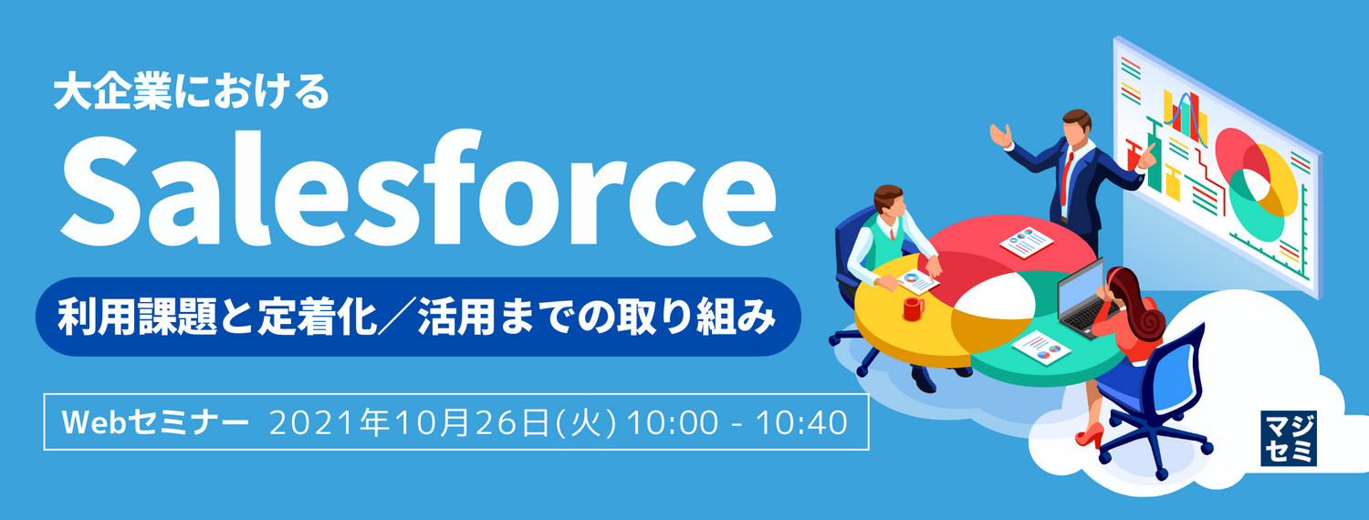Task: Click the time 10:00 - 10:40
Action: (737, 422)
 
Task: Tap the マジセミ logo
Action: (1288, 438)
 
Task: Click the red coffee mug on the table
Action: (913, 308)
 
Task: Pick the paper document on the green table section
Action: (1042, 347)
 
